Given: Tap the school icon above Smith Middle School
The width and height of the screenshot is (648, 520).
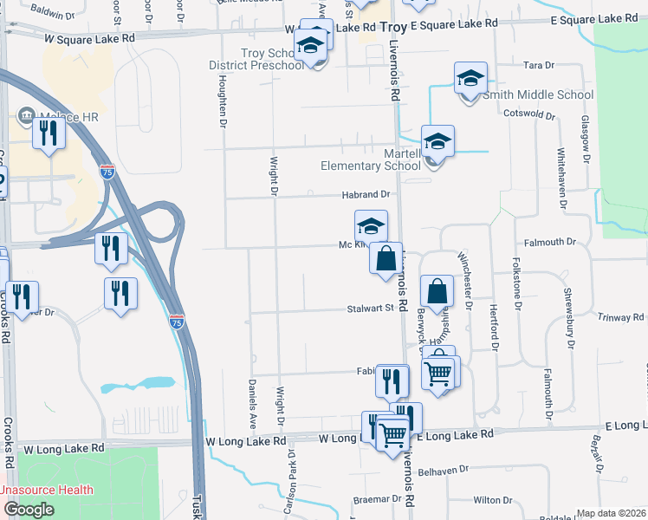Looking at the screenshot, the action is (470, 79).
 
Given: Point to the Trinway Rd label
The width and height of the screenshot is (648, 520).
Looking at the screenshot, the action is (619, 317).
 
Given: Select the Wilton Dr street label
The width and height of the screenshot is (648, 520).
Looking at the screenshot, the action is (493, 500).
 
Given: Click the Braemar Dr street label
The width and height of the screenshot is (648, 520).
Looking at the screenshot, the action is (378, 500).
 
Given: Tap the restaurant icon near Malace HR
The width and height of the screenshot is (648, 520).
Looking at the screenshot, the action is (49, 133).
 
